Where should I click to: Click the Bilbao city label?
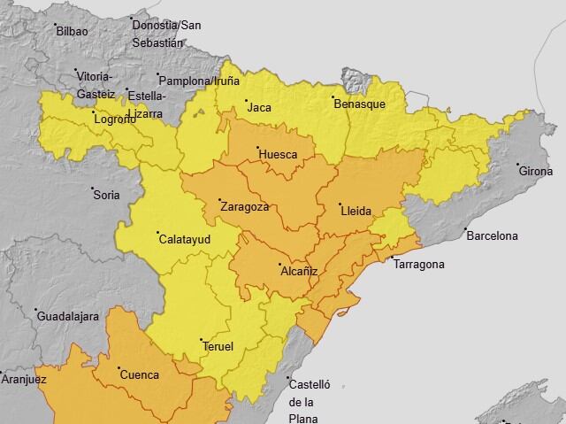[x=72, y=31]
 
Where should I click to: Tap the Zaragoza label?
[x=243, y=207]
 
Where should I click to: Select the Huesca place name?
[x=278, y=155]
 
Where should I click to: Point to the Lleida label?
[x=356, y=211]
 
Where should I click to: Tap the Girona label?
[x=535, y=171]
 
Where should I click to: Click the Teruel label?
[x=218, y=346]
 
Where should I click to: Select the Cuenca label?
[x=139, y=374]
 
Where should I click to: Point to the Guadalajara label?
[x=67, y=317]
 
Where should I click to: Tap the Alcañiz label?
[x=298, y=271]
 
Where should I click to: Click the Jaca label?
[x=259, y=108]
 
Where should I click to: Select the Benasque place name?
[x=359, y=104]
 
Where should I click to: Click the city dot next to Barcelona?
[x=465, y=230]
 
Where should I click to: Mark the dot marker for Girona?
[x=518, y=165]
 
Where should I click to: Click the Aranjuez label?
[x=24, y=379]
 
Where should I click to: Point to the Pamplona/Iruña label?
[x=200, y=81]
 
